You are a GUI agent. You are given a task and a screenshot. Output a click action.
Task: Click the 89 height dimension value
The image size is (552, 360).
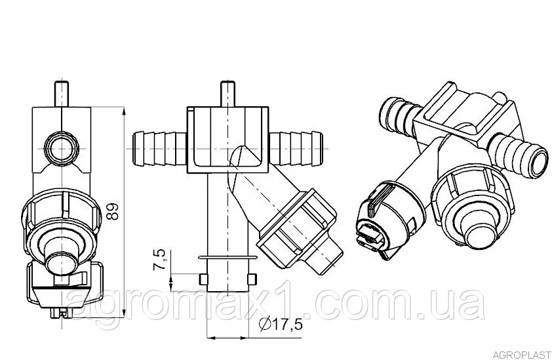tap(113, 211)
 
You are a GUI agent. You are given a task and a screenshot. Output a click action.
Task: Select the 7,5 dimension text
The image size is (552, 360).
tap(159, 260)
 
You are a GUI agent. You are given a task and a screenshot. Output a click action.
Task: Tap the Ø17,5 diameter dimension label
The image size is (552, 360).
tap(281, 324)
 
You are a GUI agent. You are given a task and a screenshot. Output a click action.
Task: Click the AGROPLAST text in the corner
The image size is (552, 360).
tap(521, 354)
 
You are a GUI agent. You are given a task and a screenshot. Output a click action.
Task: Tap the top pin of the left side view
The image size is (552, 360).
tap(62, 93)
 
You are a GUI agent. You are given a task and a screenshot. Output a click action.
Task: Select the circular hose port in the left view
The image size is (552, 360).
tap(62, 149)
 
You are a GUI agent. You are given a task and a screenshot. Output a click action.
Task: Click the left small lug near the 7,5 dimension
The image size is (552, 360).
tap(203, 279)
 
